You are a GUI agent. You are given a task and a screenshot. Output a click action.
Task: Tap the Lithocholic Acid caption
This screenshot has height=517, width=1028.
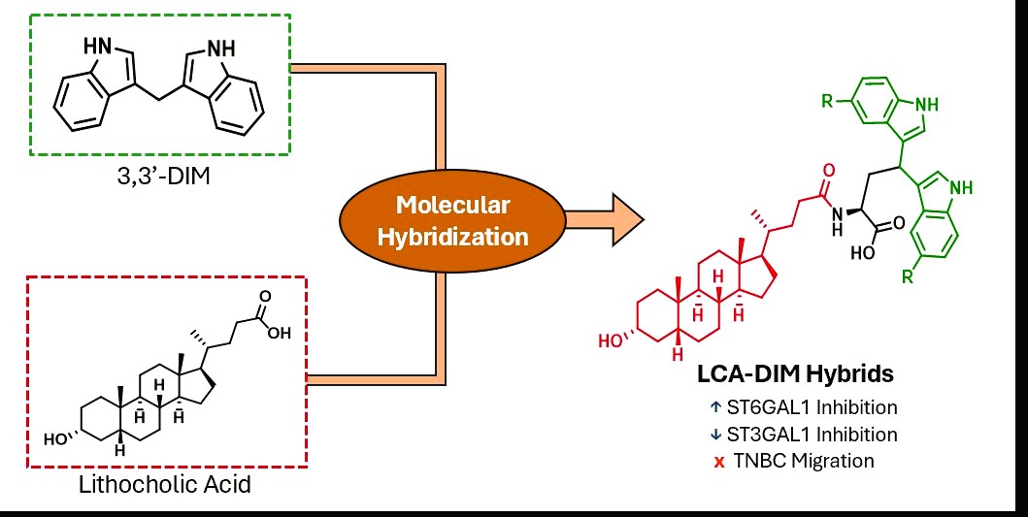pos(164,482)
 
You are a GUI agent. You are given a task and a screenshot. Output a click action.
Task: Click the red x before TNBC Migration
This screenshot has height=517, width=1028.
pos(719,461)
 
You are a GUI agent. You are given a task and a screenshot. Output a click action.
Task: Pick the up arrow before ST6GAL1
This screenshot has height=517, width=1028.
pos(719,407)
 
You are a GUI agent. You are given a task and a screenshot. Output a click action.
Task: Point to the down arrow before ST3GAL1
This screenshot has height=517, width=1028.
pos(719,434)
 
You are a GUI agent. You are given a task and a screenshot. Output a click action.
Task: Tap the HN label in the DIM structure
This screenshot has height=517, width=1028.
pos(98,44)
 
